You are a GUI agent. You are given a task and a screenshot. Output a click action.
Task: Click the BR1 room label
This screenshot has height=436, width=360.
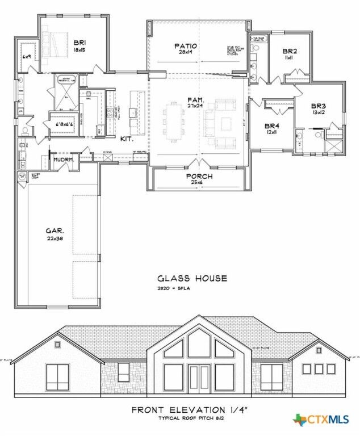[x=79, y=41]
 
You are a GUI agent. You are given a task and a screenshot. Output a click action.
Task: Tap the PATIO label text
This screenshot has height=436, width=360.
[x=185, y=46]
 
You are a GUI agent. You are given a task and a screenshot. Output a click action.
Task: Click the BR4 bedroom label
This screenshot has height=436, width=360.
[x=269, y=125]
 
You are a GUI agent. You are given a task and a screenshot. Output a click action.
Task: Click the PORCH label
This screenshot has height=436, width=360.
[x=199, y=177]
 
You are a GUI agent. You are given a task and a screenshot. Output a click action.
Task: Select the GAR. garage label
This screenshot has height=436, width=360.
[x=55, y=231]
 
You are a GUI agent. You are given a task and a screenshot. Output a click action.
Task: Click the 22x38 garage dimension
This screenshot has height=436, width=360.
[x=55, y=238]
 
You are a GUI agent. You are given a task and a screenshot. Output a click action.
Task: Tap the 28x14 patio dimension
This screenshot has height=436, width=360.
[x=185, y=53]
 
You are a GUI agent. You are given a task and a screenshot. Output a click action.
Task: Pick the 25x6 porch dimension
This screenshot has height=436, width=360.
[x=199, y=183]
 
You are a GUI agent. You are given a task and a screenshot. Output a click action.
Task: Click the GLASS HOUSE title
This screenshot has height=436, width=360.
[x=192, y=278]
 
